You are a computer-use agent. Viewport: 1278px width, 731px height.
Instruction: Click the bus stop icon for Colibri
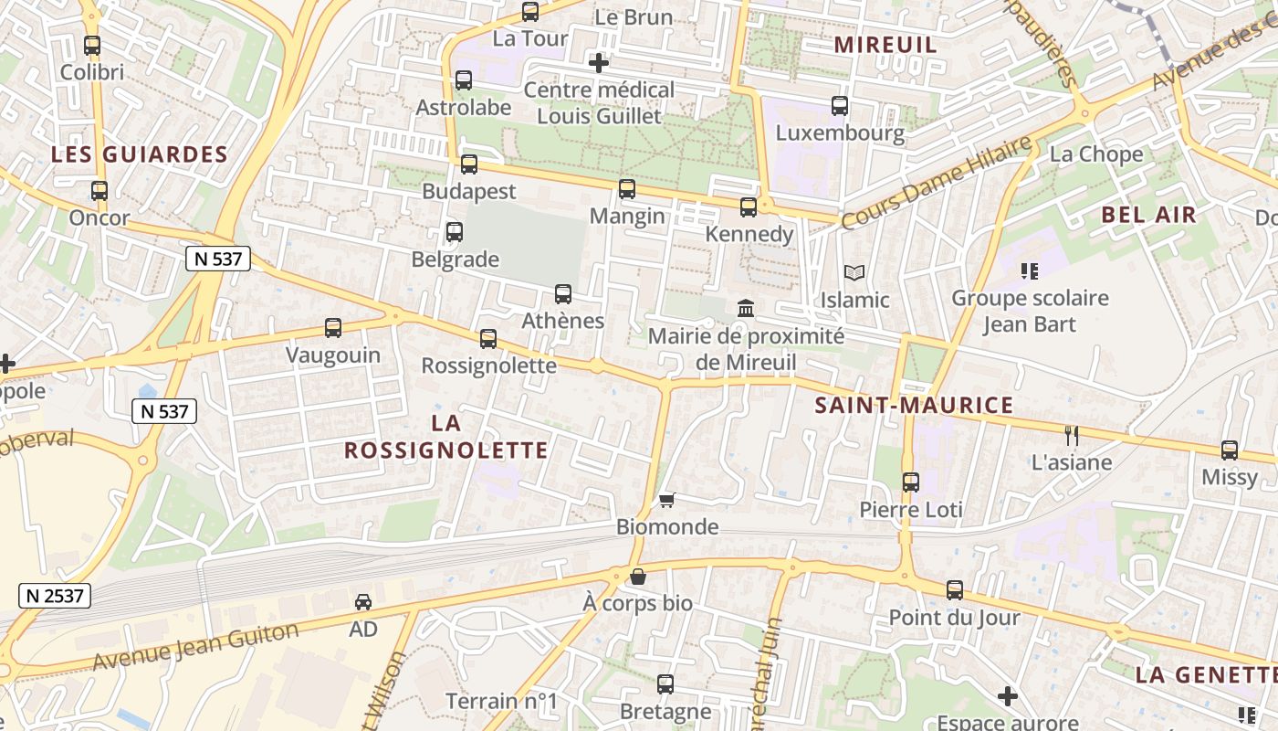click(x=92, y=45)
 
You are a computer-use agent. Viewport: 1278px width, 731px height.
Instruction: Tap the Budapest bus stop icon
click(x=469, y=164)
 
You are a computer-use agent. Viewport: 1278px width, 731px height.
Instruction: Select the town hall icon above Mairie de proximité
click(x=746, y=308)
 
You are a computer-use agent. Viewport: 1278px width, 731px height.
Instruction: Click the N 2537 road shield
click(x=55, y=596)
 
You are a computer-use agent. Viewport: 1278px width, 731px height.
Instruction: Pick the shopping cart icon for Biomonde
click(x=666, y=500)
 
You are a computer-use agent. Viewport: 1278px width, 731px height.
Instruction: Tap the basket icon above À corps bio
click(x=638, y=577)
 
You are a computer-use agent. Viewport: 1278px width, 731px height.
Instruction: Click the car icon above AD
click(x=363, y=602)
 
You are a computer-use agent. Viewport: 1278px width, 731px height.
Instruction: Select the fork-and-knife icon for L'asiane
click(x=1072, y=435)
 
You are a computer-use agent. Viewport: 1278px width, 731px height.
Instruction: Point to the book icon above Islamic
click(x=854, y=272)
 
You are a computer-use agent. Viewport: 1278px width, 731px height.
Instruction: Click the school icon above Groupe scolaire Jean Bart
click(x=1030, y=270)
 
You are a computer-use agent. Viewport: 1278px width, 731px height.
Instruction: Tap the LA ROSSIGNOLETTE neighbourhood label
click(x=446, y=437)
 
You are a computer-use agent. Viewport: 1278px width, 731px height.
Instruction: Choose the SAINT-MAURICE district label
click(x=914, y=405)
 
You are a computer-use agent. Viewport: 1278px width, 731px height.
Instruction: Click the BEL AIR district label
click(x=1148, y=215)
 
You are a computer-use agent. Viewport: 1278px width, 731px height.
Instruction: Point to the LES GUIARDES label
click(x=139, y=154)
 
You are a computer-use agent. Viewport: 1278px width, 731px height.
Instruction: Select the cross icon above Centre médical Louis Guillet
click(x=599, y=63)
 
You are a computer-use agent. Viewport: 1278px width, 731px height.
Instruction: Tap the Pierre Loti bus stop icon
click(x=911, y=482)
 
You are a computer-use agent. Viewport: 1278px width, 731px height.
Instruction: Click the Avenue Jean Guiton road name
click(x=195, y=645)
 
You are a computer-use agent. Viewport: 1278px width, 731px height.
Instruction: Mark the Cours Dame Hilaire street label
click(x=937, y=183)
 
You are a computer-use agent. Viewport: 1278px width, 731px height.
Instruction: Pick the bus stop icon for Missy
click(x=1230, y=450)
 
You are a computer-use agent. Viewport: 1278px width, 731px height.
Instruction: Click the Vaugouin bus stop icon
click(x=333, y=328)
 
